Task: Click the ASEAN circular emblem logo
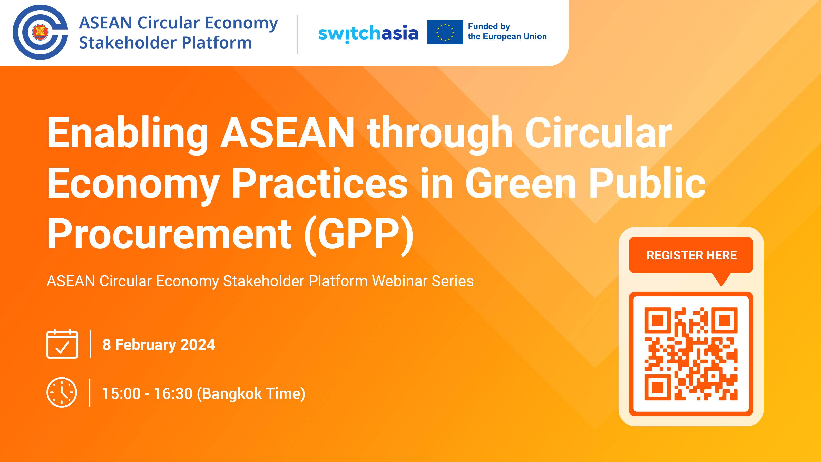click(x=40, y=32)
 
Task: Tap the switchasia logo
click(x=368, y=33)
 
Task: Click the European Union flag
click(x=445, y=32)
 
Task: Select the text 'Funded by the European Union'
click(x=507, y=32)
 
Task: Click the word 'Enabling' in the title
click(x=128, y=133)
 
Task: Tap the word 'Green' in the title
click(x=520, y=184)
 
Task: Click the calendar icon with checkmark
click(x=62, y=344)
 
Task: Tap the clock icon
click(x=62, y=392)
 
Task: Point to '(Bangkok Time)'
click(x=251, y=393)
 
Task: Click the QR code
click(x=691, y=354)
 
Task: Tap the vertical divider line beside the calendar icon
click(x=91, y=344)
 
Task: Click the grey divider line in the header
click(x=297, y=34)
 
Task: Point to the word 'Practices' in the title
click(x=320, y=184)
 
